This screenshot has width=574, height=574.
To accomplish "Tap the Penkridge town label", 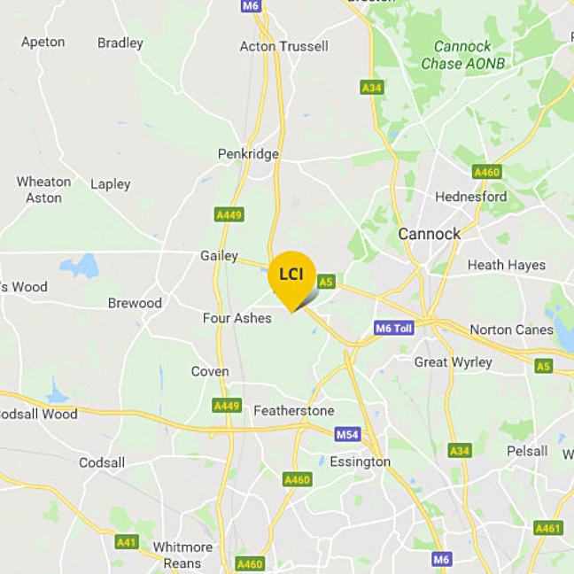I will tap(248, 154).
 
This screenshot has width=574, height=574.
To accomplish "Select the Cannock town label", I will tap(430, 234).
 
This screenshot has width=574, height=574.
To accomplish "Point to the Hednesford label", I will tap(470, 197).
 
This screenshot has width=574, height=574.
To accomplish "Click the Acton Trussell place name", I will tap(283, 46).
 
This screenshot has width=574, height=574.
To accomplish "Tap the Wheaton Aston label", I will tap(43, 190).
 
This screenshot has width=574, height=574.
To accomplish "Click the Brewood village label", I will tap(135, 303).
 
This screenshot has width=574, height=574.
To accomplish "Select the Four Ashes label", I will tap(237, 318).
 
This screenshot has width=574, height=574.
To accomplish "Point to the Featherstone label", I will tap(293, 411).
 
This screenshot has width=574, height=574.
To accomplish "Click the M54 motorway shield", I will tap(347, 434).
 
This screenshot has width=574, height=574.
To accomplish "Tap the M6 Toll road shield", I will tap(394, 328).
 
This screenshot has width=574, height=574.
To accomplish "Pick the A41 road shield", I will tap(127, 541).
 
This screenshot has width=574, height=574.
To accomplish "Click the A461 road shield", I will tap(548, 528).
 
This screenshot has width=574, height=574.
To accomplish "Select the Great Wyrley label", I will tap(454, 362).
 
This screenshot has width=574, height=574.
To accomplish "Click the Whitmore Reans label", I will tap(182, 555).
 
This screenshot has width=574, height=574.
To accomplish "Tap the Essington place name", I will tap(360, 462).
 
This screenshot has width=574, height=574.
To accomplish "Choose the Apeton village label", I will tap(43, 42).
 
